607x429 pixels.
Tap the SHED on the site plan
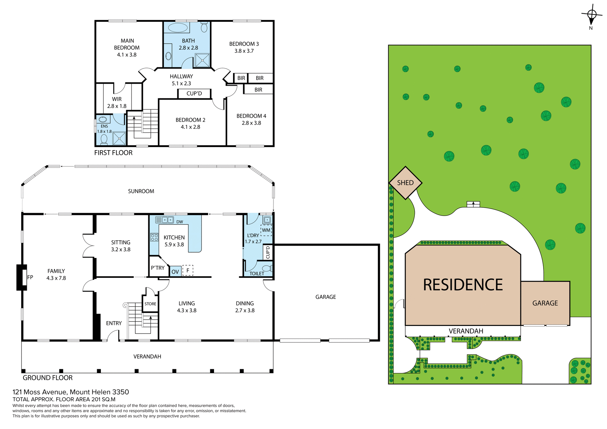click(405, 183)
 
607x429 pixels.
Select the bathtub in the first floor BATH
click(178, 28)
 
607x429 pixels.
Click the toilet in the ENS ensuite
click(104, 139)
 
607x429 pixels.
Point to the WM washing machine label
click(266, 230)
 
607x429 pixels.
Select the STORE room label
click(150, 304)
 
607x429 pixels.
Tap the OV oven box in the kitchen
click(175, 272)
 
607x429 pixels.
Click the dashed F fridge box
click(188, 271)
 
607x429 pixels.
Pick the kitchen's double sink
click(168, 219)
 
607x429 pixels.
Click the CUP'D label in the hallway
click(194, 94)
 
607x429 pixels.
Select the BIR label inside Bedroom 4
click(258, 90)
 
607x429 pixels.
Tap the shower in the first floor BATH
click(202, 60)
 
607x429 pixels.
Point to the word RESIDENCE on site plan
click(463, 285)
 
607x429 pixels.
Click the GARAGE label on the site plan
click(545, 303)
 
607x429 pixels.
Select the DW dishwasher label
click(180, 222)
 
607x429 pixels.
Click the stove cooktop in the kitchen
click(154, 237)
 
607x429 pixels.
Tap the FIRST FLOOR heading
click(113, 153)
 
